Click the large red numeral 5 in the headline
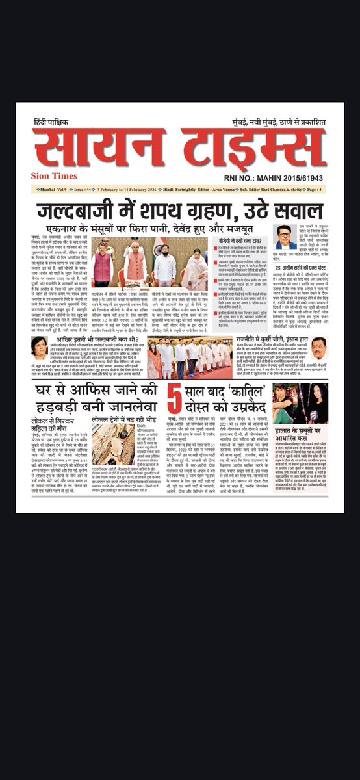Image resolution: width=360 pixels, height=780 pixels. tap(174, 404)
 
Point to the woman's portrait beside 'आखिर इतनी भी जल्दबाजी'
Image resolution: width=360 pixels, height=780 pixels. tap(39, 347)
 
